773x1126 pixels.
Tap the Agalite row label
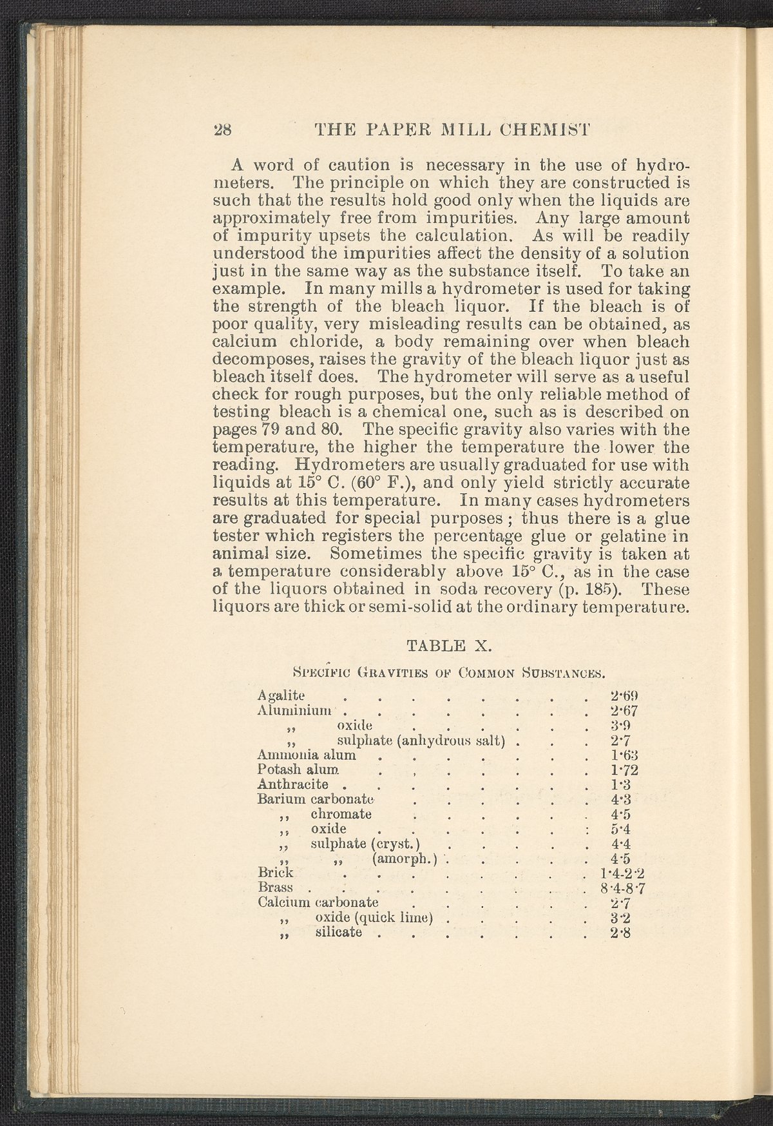click(281, 695)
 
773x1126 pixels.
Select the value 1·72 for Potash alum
click(623, 770)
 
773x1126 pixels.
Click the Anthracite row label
click(293, 784)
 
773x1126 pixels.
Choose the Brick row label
click(275, 873)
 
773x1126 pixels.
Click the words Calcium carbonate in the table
click(317, 901)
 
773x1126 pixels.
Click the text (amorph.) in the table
click(405, 859)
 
